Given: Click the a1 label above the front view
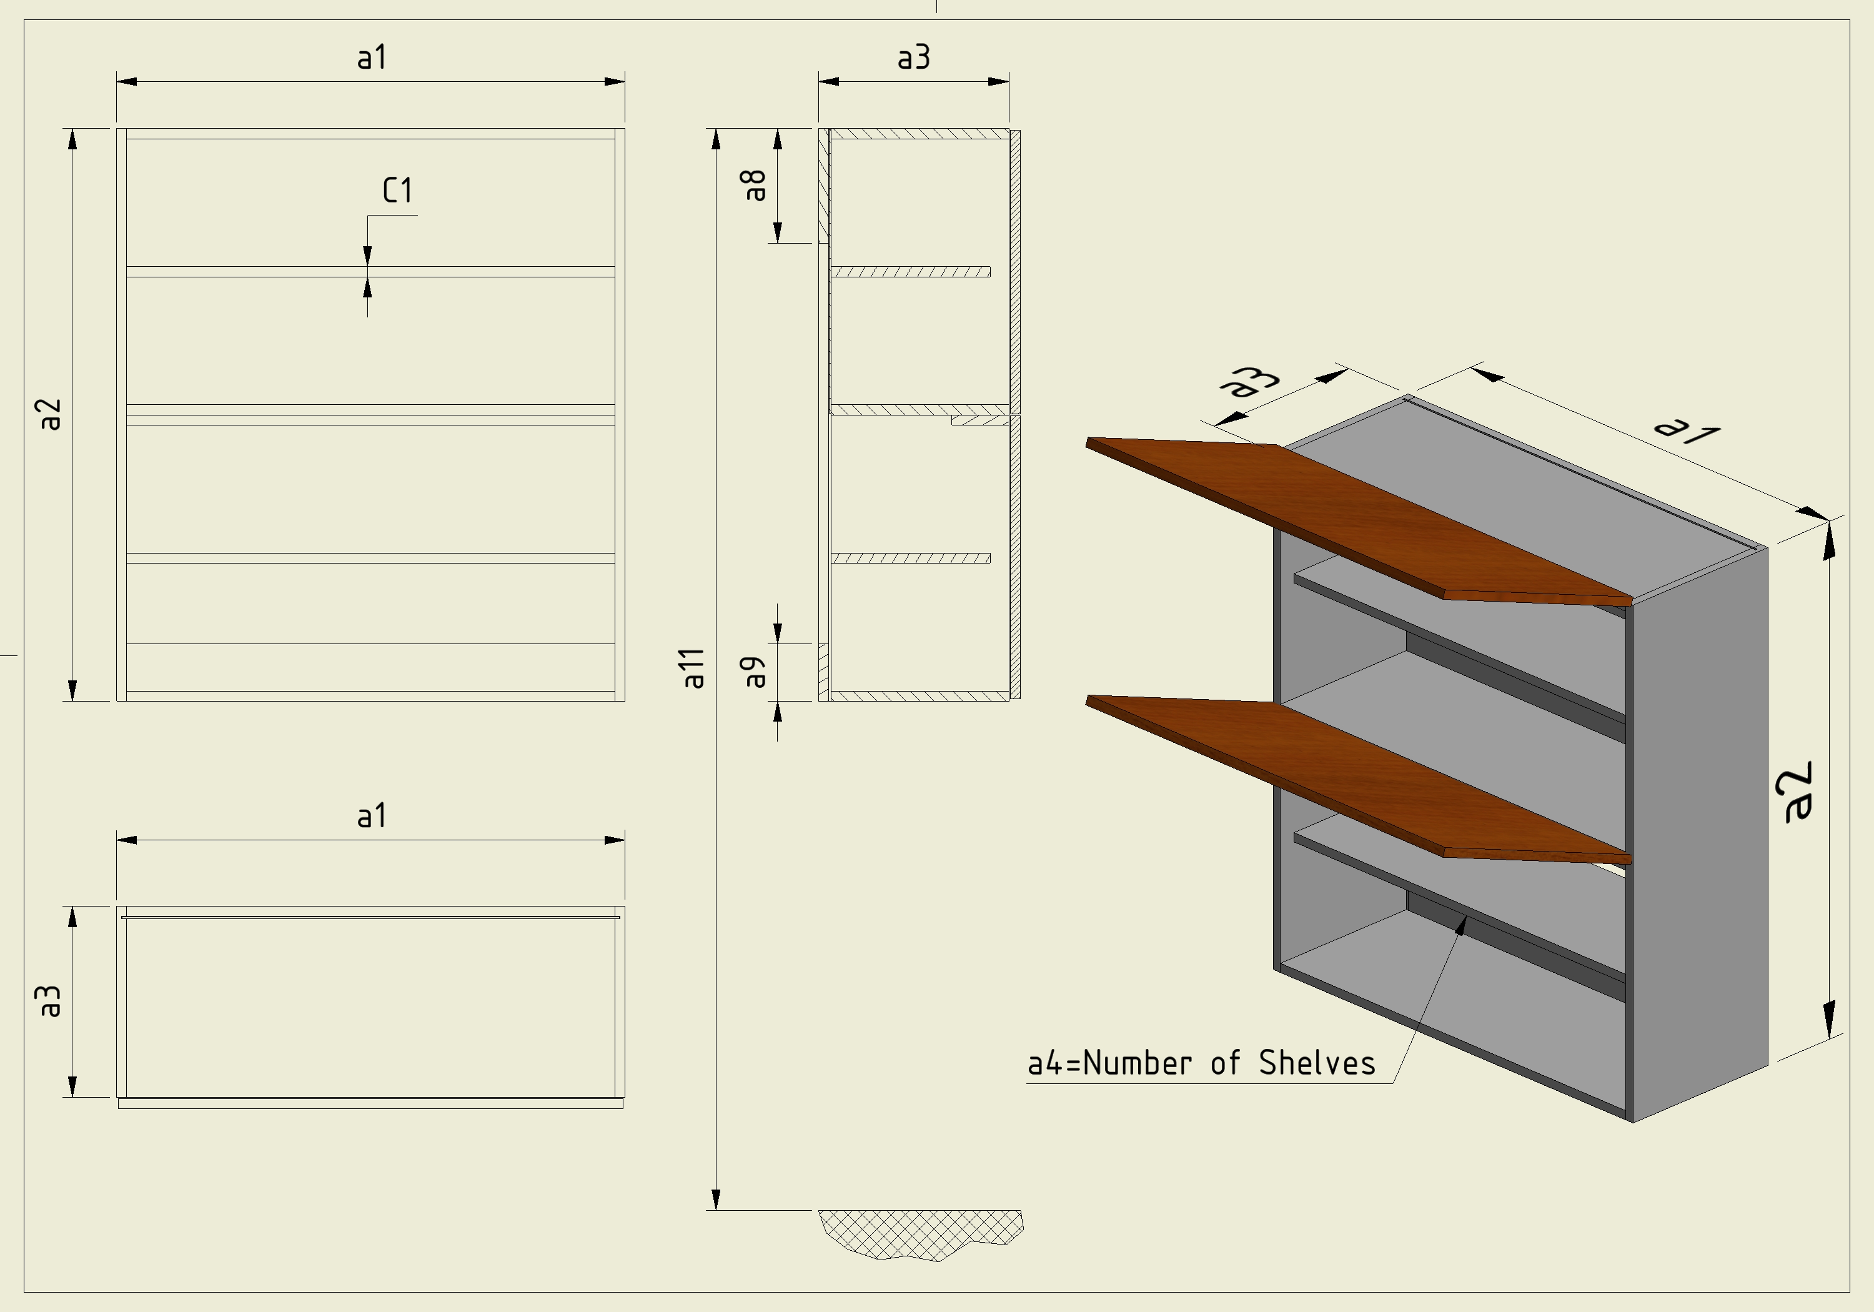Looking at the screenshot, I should (x=372, y=57).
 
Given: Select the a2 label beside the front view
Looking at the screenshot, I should (x=51, y=414).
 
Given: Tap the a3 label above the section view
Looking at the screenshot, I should (x=913, y=57).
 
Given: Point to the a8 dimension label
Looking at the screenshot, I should (x=754, y=186).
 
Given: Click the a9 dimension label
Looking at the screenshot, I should (x=754, y=672).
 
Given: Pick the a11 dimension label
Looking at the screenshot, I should (x=693, y=668).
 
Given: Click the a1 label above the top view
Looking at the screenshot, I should (x=372, y=815).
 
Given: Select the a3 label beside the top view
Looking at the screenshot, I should (x=51, y=1001).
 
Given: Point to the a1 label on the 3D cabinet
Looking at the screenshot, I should (x=1686, y=428).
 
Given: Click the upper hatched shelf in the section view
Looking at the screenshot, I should (x=910, y=272).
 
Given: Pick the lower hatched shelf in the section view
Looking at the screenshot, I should (x=910, y=559).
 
